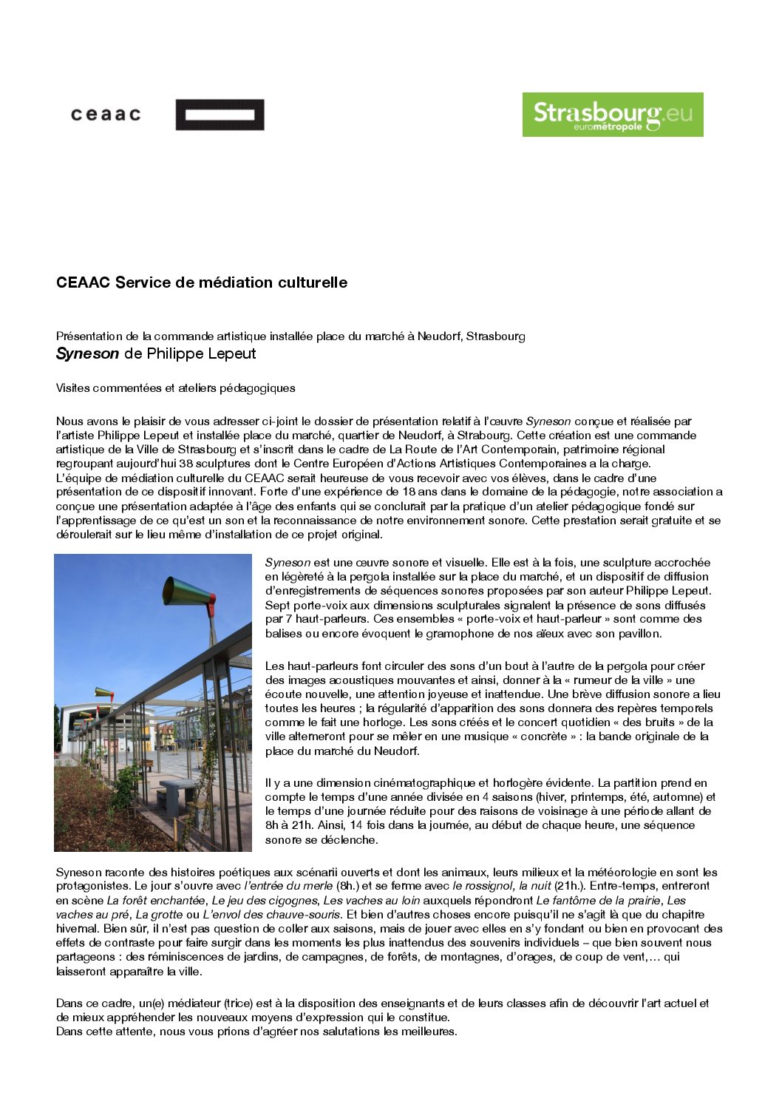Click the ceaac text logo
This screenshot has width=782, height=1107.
106,114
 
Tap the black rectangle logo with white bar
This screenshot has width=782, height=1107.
220,115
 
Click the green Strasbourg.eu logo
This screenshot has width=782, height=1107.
613,114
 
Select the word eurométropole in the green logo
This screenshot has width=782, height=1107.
608,126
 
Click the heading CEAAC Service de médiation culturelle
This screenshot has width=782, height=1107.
202,282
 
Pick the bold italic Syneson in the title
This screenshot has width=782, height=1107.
87,353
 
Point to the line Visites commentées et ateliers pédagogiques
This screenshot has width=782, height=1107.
175,388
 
